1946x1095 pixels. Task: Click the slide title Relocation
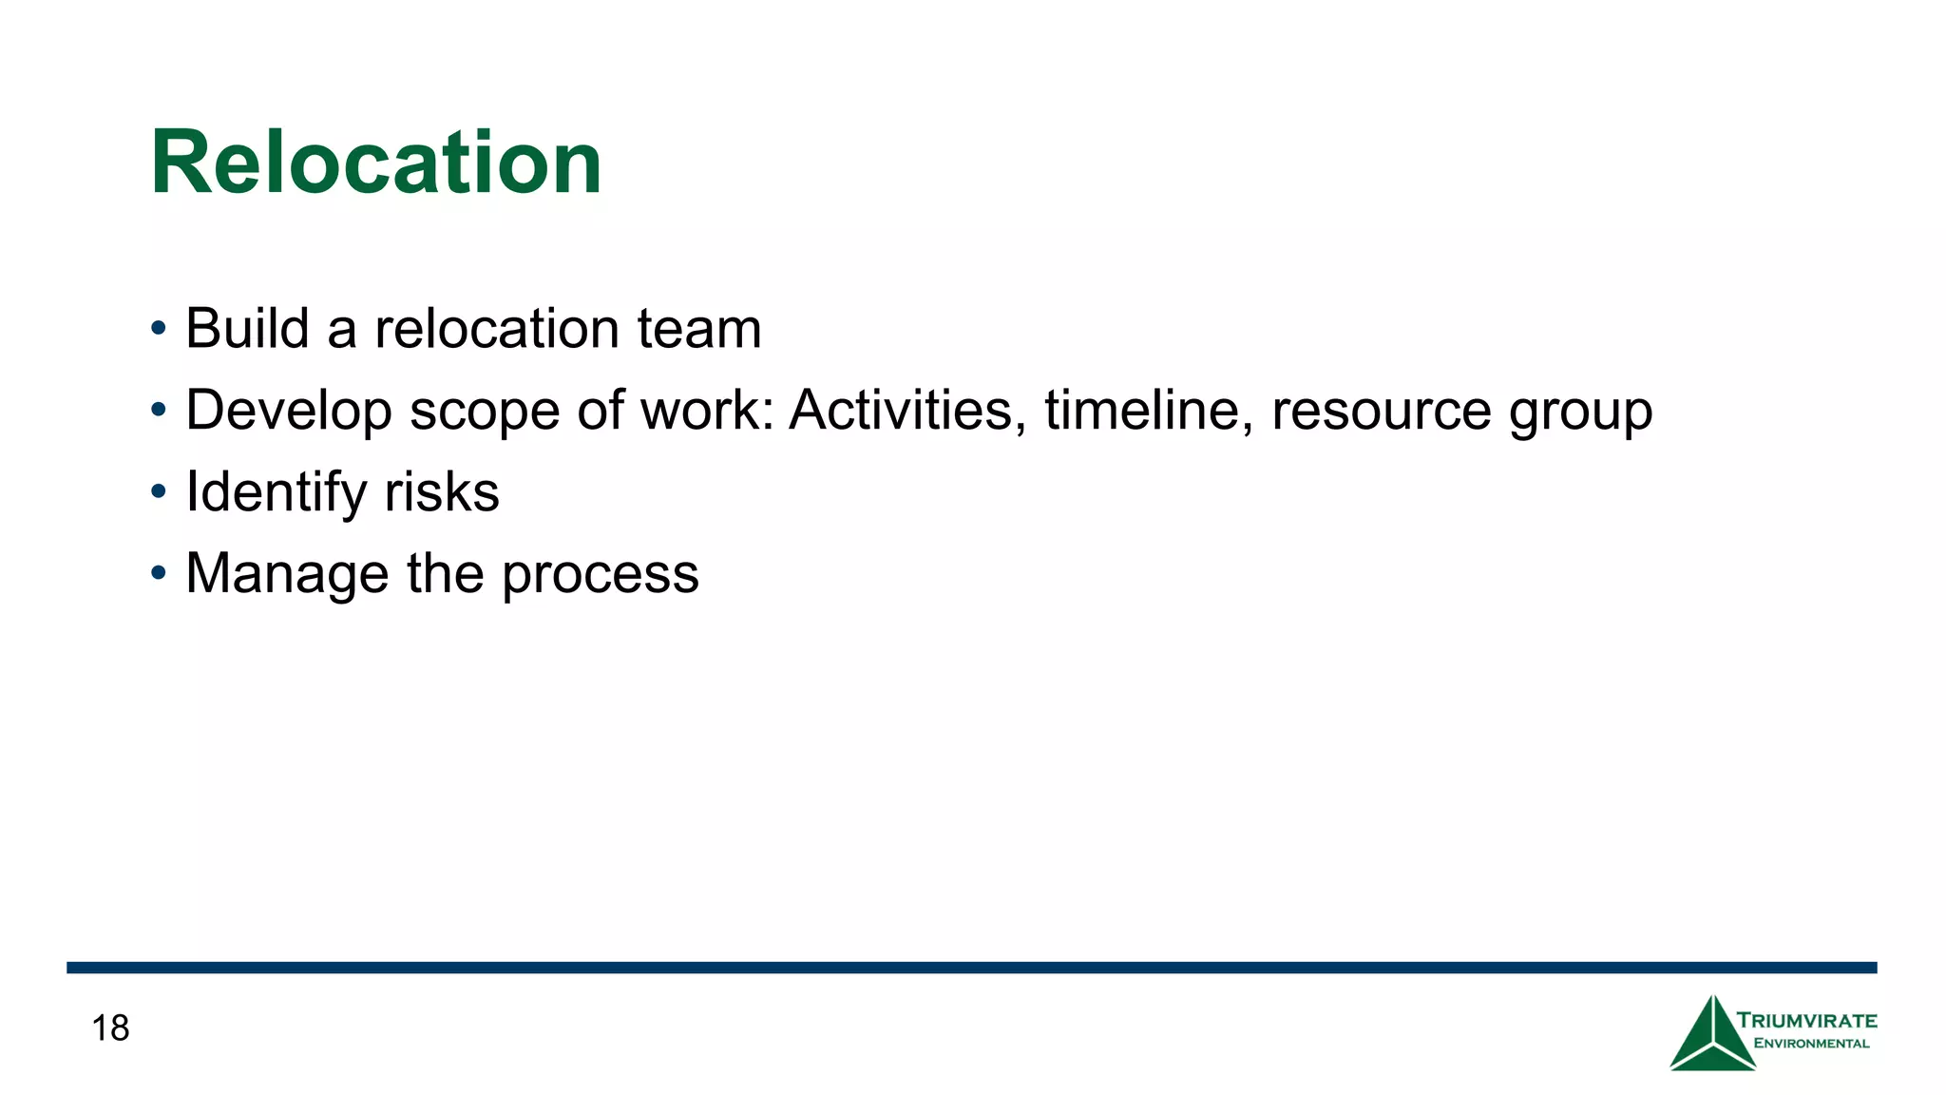(376, 163)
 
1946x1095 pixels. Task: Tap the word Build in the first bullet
(247, 329)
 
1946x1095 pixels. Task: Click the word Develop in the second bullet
(289, 411)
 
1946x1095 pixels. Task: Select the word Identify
(276, 492)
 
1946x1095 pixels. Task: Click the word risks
(442, 492)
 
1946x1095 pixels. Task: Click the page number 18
(110, 1028)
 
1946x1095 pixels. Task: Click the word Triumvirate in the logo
(1806, 1021)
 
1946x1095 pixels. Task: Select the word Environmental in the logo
(1811, 1044)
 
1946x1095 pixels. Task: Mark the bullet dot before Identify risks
(159, 492)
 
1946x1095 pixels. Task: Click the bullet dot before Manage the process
(159, 574)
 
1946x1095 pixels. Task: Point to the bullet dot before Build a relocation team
(159, 329)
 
